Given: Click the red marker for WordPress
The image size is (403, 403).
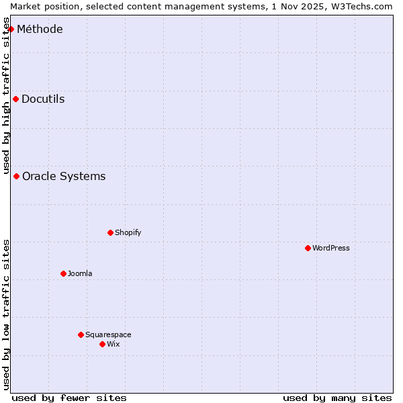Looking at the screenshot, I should click(x=308, y=248).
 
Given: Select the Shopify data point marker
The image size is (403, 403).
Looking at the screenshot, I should click(x=110, y=232).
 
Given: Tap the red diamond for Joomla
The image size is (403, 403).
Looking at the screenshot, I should click(x=63, y=273).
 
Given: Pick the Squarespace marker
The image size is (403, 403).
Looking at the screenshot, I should click(x=81, y=334).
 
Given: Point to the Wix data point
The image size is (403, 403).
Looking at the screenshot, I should click(x=102, y=344).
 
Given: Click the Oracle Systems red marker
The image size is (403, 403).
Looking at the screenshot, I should click(x=16, y=176).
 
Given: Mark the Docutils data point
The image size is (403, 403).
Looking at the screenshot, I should click(x=15, y=99).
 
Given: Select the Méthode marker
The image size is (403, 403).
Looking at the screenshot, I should click(x=11, y=29).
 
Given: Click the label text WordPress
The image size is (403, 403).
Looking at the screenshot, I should click(x=331, y=248).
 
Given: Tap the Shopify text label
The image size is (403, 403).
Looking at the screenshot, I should click(x=128, y=232).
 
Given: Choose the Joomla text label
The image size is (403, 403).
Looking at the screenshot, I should click(x=80, y=273).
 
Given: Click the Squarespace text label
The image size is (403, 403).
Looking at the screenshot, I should click(x=108, y=334).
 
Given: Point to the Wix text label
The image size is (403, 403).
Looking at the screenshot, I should click(x=114, y=344).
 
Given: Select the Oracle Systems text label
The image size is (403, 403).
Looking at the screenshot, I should click(x=64, y=176).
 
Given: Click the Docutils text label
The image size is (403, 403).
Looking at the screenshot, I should click(x=43, y=99).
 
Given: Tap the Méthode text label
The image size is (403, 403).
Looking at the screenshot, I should click(x=40, y=29).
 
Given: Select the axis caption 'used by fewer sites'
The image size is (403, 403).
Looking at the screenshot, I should click(x=69, y=398).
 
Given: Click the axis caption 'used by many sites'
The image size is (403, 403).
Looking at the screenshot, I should click(x=337, y=398).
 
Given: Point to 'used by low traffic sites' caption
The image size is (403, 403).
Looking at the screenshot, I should click(x=7, y=314).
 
